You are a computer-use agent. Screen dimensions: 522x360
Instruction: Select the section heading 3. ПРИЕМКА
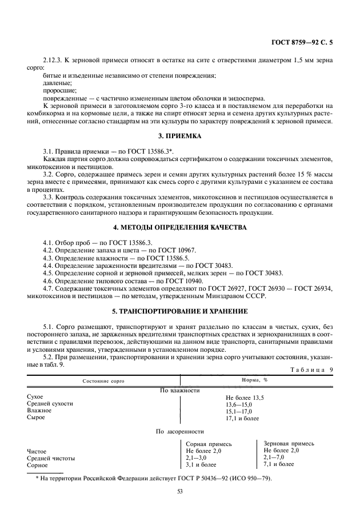tap(179, 136)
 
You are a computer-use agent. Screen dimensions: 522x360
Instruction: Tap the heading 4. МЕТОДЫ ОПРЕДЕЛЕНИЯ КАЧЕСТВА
tap(179, 228)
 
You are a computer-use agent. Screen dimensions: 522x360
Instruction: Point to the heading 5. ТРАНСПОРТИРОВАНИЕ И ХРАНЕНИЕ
tap(179, 311)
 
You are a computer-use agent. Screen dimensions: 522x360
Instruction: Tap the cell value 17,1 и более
tap(242, 418)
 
